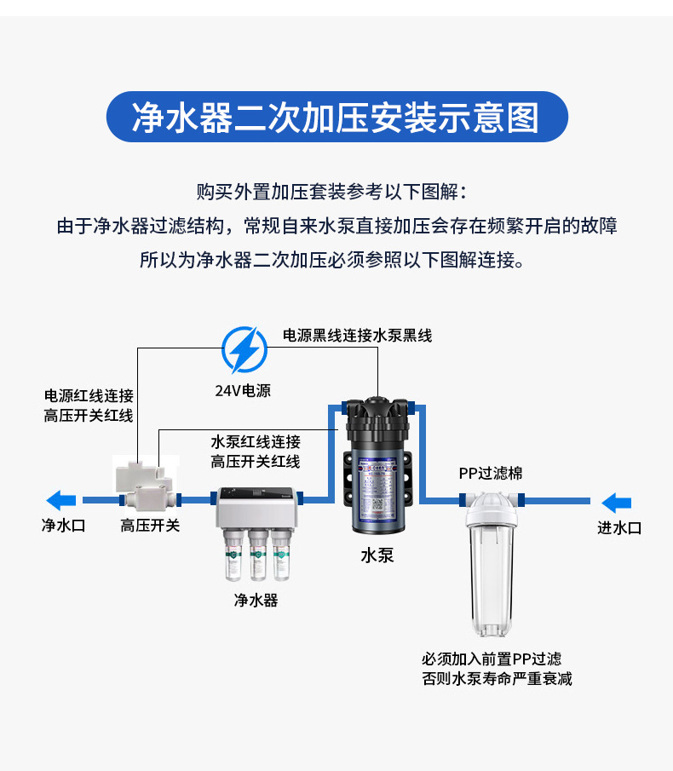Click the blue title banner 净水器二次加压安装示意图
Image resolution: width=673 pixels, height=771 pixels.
(x=336, y=118)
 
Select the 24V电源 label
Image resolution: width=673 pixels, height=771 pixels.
(x=243, y=391)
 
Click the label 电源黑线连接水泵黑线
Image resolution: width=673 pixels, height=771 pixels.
(x=357, y=336)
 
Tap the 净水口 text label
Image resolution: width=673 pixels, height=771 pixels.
(x=64, y=526)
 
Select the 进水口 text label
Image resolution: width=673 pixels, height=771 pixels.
(x=619, y=528)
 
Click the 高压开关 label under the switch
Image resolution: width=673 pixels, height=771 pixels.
(x=150, y=526)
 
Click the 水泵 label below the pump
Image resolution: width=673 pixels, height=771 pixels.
(x=377, y=555)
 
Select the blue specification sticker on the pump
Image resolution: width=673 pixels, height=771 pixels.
(x=377, y=489)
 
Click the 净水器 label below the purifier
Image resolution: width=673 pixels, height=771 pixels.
(x=256, y=600)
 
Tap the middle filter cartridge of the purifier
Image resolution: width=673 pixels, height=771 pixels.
(x=256, y=554)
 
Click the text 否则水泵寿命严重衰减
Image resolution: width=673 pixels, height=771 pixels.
(x=497, y=679)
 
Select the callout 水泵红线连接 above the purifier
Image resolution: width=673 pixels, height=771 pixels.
(x=256, y=442)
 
